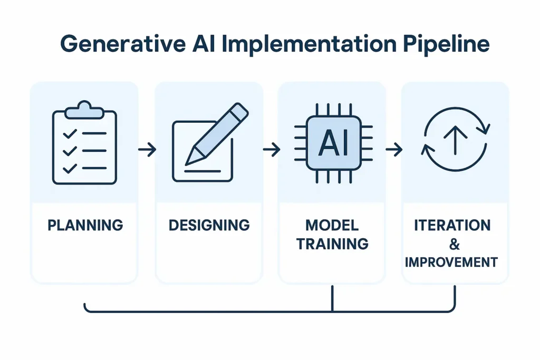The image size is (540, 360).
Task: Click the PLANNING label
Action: [85, 226]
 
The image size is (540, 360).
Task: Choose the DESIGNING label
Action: [209, 226]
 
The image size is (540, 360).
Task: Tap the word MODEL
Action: [332, 226]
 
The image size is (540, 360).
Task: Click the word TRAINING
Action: [332, 244]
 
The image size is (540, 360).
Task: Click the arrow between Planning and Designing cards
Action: [147, 150]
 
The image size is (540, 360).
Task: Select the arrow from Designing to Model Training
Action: [271, 150]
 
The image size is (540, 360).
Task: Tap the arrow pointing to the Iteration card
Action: [394, 150]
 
